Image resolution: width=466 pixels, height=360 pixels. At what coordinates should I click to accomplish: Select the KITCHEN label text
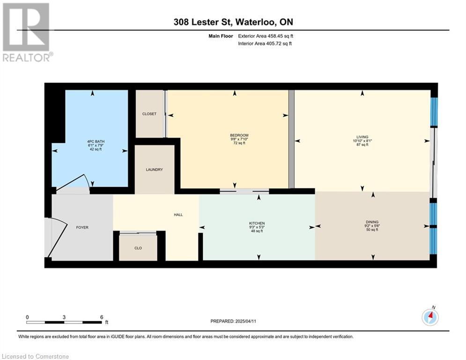pyautogui.click(x=257, y=223)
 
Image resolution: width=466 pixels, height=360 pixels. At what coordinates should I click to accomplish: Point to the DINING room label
pyautogui.click(x=372, y=222)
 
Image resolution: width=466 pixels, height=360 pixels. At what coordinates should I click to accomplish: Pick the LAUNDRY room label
pyautogui.click(x=154, y=170)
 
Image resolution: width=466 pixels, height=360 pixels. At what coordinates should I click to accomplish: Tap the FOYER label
pyautogui.click(x=82, y=227)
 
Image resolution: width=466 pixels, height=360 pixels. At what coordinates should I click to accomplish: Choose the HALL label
pyautogui.click(x=178, y=215)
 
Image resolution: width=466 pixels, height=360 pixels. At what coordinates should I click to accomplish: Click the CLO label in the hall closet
pyautogui.click(x=138, y=248)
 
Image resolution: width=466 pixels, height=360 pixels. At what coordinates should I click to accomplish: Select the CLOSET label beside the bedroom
pyautogui.click(x=149, y=114)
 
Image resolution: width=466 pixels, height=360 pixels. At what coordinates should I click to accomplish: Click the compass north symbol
pyautogui.click(x=430, y=317)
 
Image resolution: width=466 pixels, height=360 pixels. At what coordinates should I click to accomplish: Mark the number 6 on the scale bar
pyautogui.click(x=101, y=317)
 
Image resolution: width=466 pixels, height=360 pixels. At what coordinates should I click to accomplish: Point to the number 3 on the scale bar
pyautogui.click(x=64, y=317)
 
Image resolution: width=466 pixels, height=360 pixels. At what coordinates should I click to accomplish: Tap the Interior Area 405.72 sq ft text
pyautogui.click(x=265, y=44)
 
